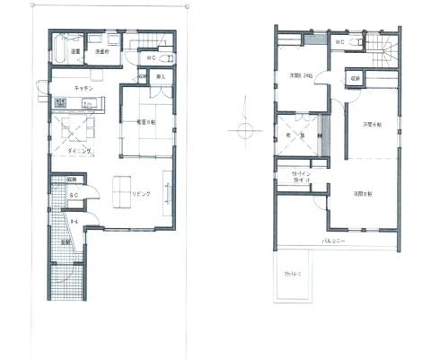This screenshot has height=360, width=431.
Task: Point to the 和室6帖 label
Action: pyautogui.click(x=146, y=121)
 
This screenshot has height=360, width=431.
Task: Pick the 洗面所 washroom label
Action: pyautogui.click(x=101, y=51)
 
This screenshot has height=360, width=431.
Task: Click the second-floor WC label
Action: pyautogui.click(x=341, y=42)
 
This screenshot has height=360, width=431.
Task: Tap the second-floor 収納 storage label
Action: pyautogui.click(x=356, y=80)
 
